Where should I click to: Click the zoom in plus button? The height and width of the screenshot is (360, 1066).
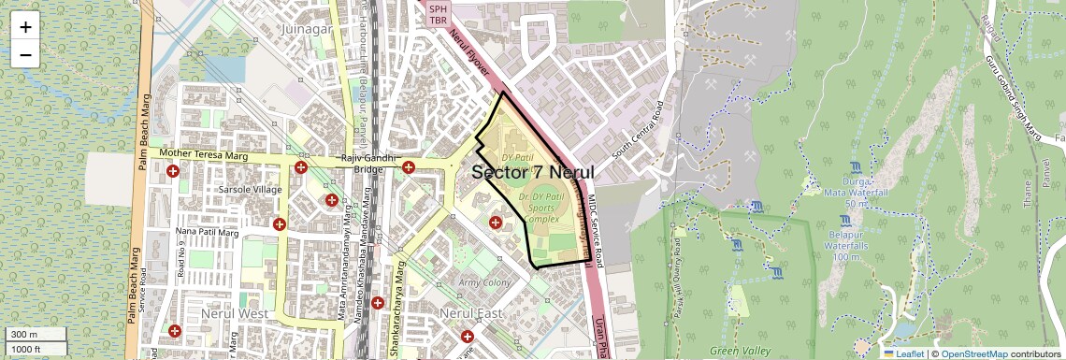click(x=25, y=27)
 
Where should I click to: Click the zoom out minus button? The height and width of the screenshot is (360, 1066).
click(x=25, y=54)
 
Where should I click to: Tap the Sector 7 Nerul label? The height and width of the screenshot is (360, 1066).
click(x=532, y=172)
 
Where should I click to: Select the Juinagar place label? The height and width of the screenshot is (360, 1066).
click(x=308, y=29)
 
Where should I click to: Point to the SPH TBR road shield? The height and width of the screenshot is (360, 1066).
click(x=439, y=13)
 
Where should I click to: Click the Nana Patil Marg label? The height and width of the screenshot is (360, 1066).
click(x=208, y=231)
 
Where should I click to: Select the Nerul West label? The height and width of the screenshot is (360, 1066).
click(x=234, y=312)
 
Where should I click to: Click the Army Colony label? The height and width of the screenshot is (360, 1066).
click(x=483, y=281)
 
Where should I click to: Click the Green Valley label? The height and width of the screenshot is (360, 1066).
click(x=740, y=351)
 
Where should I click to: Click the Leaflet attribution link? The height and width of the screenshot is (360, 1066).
click(x=903, y=353)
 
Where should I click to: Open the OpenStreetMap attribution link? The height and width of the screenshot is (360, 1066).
click(x=972, y=353)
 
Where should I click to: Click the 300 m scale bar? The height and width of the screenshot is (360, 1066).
click(x=36, y=335)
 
